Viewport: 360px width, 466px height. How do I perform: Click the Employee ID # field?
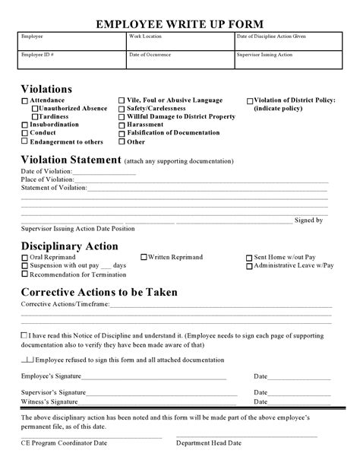click(x=71, y=59)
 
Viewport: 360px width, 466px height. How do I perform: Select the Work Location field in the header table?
click(x=178, y=41)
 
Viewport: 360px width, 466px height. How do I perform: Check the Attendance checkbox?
click(x=25, y=101)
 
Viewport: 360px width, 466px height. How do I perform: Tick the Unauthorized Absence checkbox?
click(x=34, y=109)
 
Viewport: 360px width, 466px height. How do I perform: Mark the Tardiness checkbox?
click(x=34, y=117)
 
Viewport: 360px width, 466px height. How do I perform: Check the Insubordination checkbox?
click(x=25, y=125)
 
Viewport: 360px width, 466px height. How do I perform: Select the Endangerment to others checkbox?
click(x=25, y=141)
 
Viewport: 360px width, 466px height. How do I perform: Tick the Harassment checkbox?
click(x=122, y=125)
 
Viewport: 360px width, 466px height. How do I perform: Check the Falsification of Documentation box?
click(x=122, y=134)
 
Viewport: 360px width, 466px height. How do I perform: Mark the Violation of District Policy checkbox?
click(x=250, y=101)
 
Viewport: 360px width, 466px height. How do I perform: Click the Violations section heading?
click(x=46, y=88)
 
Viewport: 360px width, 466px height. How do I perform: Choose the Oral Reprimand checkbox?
click(x=25, y=258)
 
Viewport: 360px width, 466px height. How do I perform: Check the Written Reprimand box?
click(x=144, y=258)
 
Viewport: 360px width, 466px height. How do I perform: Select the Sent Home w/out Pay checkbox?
click(x=249, y=258)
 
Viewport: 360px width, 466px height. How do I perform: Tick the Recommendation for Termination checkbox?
click(x=25, y=274)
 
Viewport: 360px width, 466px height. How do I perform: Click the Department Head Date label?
click(x=209, y=443)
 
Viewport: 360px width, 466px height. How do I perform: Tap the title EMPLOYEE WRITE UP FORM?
click(x=180, y=25)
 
